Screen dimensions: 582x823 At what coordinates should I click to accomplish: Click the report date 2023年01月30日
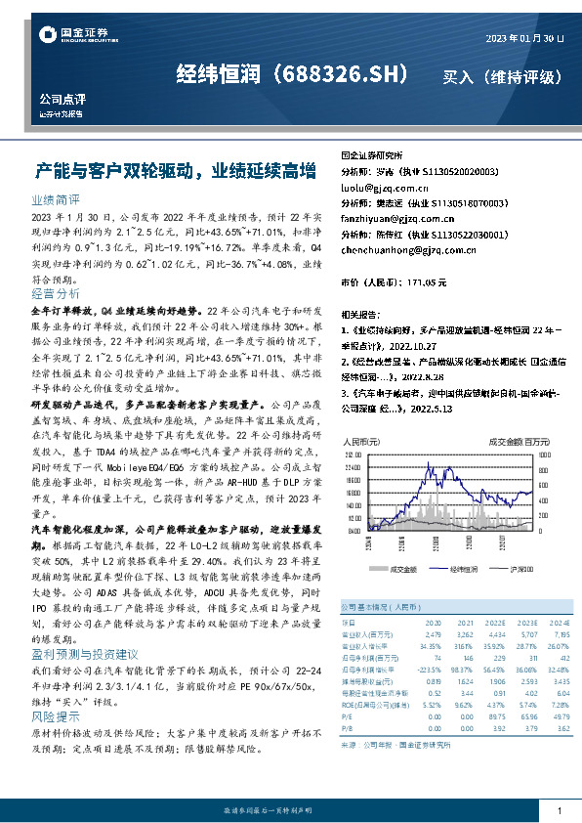coord(525,37)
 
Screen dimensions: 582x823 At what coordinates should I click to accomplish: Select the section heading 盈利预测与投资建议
coord(85,654)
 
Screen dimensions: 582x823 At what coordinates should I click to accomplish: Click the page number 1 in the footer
coord(558,812)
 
